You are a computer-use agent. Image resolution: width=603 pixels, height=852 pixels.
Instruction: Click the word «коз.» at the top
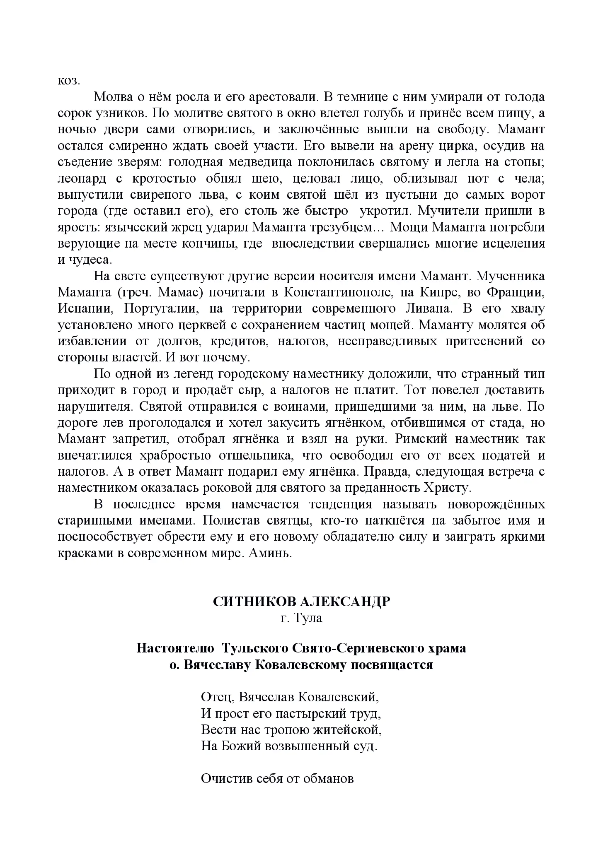click(x=68, y=81)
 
